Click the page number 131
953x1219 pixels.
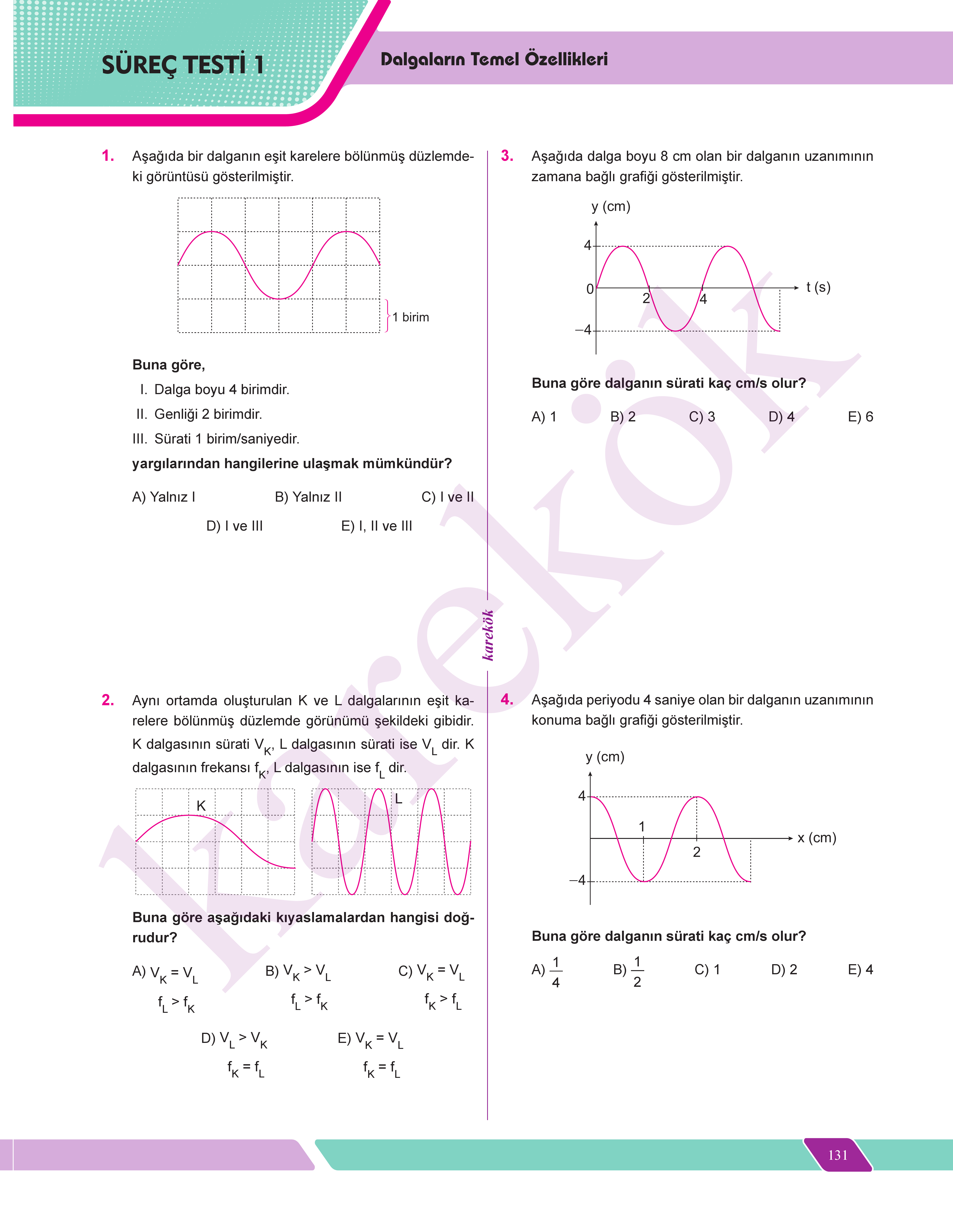coord(838,1155)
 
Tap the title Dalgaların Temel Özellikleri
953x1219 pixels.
coord(494,59)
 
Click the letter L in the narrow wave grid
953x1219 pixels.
coord(398,799)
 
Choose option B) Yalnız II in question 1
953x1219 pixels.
coord(308,497)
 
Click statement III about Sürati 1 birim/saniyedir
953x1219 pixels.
coord(216,439)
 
